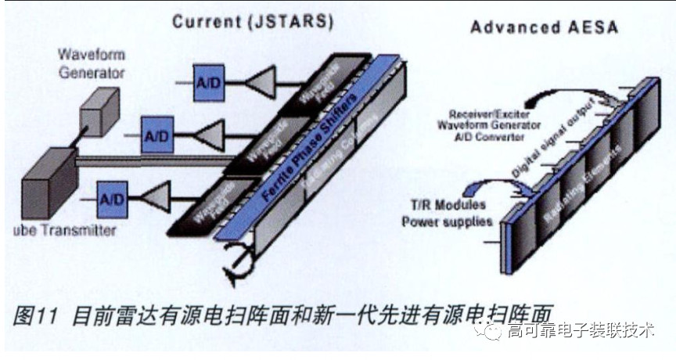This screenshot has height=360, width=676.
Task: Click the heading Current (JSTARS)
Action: click(x=253, y=21)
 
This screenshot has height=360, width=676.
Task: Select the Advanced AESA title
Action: click(x=544, y=27)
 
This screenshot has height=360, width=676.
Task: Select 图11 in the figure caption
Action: click(x=36, y=315)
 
